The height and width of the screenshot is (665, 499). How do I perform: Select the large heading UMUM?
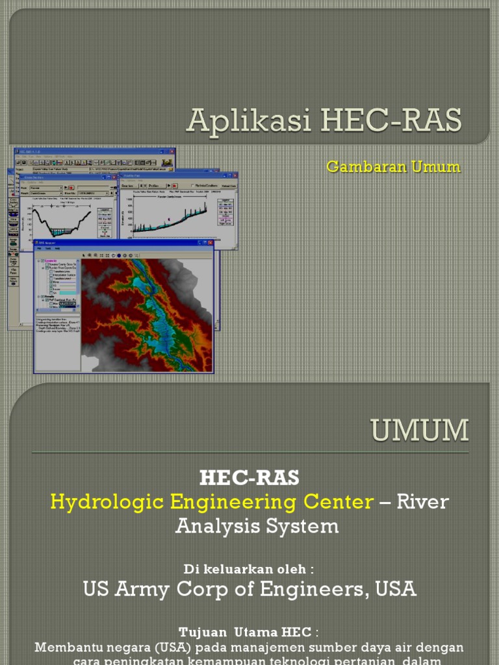pos(420,431)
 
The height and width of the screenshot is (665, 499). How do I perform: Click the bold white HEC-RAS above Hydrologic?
pos(249,478)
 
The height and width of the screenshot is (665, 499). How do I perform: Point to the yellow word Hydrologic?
pos(105,501)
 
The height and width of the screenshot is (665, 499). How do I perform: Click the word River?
pos(423,501)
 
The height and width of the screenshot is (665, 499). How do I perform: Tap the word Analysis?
pos(217,525)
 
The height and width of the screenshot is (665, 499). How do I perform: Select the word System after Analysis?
pos(306,525)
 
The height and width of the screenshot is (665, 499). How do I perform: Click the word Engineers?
pos(320,589)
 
